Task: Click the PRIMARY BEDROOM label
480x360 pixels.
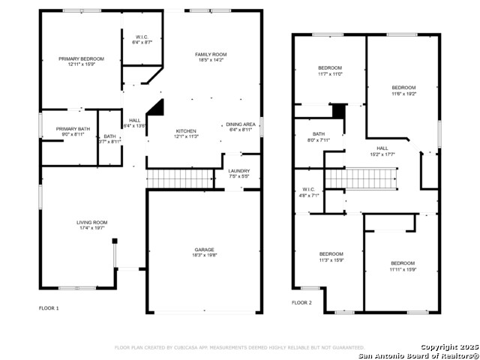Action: coord(81,58)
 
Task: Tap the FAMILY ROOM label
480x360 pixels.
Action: coord(211,55)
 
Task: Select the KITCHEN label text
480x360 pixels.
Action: coord(186,130)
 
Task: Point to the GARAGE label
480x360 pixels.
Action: coord(205,250)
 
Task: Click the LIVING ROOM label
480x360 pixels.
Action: coord(91,222)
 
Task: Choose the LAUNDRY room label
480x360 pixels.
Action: coord(238,171)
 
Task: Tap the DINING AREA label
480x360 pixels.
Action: coord(241,124)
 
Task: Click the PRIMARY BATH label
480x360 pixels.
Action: coord(73,129)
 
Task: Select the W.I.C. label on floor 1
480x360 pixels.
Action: coord(142,37)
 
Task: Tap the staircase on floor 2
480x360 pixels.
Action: coord(370,178)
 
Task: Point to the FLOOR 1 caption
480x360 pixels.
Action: coord(49,308)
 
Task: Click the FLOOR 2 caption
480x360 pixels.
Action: coord(302,303)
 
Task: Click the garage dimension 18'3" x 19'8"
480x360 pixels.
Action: coord(205,255)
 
